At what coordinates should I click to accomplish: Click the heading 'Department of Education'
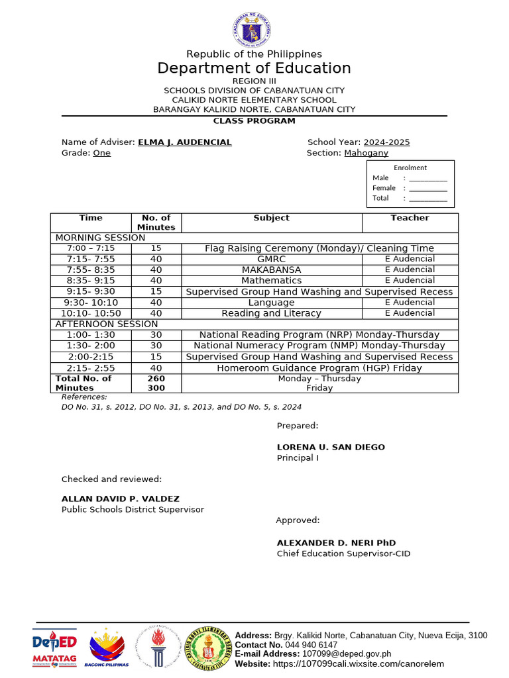pyautogui.click(x=254, y=68)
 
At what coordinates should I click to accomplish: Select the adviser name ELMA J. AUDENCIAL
pyautogui.click(x=184, y=142)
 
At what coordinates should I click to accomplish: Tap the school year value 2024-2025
pyautogui.click(x=386, y=142)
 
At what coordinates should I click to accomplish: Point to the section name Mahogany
pyautogui.click(x=366, y=153)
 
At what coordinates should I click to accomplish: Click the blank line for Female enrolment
pyautogui.click(x=427, y=188)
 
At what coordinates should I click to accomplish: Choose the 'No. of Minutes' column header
pyautogui.click(x=156, y=222)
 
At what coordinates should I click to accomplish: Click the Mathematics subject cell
pyautogui.click(x=271, y=281)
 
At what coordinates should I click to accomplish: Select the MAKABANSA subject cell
pyautogui.click(x=271, y=270)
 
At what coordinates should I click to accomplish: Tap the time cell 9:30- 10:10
pyautogui.click(x=91, y=303)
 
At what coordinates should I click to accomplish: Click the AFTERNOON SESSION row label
pyautogui.click(x=106, y=324)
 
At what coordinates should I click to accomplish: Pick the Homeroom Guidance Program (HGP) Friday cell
pyautogui.click(x=319, y=368)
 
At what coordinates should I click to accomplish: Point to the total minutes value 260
pyautogui.click(x=156, y=379)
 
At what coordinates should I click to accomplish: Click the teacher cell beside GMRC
pyautogui.click(x=410, y=259)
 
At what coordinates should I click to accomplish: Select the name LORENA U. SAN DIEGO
pyautogui.click(x=330, y=447)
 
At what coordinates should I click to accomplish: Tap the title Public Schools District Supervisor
pyautogui.click(x=133, y=510)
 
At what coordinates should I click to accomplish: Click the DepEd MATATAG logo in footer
pyautogui.click(x=54, y=648)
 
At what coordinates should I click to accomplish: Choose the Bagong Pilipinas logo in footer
pyautogui.click(x=106, y=648)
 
